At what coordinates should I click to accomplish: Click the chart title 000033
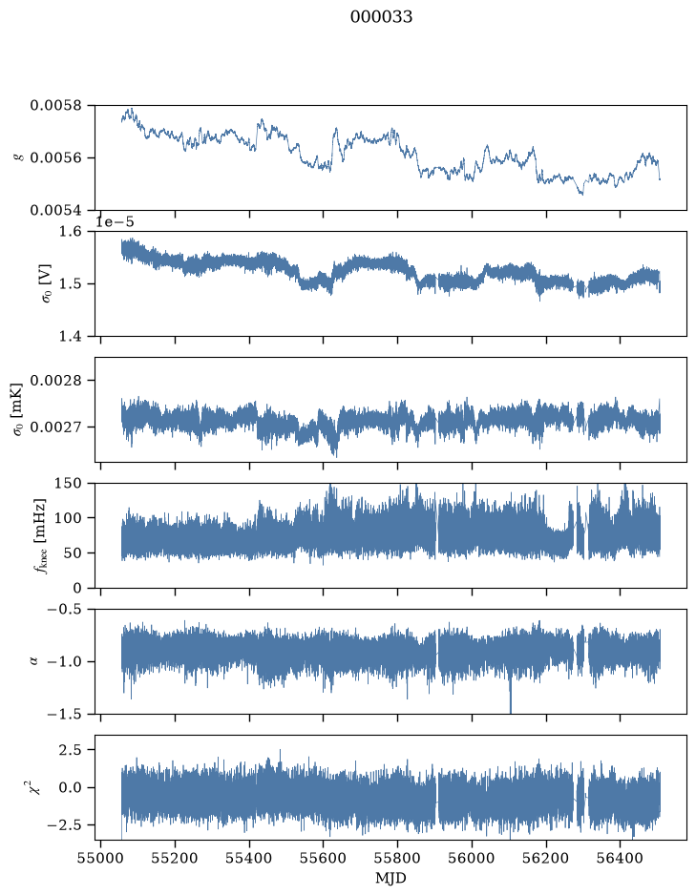pyautogui.click(x=381, y=17)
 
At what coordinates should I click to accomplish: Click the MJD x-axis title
pyautogui.click(x=390, y=878)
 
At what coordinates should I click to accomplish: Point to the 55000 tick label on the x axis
pyautogui.click(x=100, y=859)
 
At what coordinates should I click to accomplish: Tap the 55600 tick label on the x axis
pyautogui.click(x=324, y=859)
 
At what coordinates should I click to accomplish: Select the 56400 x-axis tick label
pyautogui.click(x=621, y=859)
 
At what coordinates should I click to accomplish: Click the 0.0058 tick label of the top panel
pyautogui.click(x=56, y=106)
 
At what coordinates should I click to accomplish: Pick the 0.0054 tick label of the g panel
pyautogui.click(x=56, y=210)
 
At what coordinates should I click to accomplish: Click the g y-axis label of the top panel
pyautogui.click(x=21, y=156)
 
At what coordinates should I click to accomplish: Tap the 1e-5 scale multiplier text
pyautogui.click(x=115, y=221)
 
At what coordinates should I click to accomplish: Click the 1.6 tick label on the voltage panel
pyautogui.click(x=71, y=232)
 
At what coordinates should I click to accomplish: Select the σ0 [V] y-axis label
pyautogui.click(x=46, y=283)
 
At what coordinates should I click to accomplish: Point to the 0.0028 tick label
pyautogui.click(x=56, y=381)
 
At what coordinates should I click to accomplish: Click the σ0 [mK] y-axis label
pyautogui.click(x=18, y=409)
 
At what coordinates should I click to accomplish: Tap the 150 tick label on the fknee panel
pyautogui.click(x=69, y=484)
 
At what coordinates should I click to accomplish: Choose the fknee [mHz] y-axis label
pyautogui.click(x=40, y=535)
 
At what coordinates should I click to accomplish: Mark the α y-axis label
pyautogui.click(x=33, y=661)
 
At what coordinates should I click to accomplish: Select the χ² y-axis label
pyautogui.click(x=36, y=787)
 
